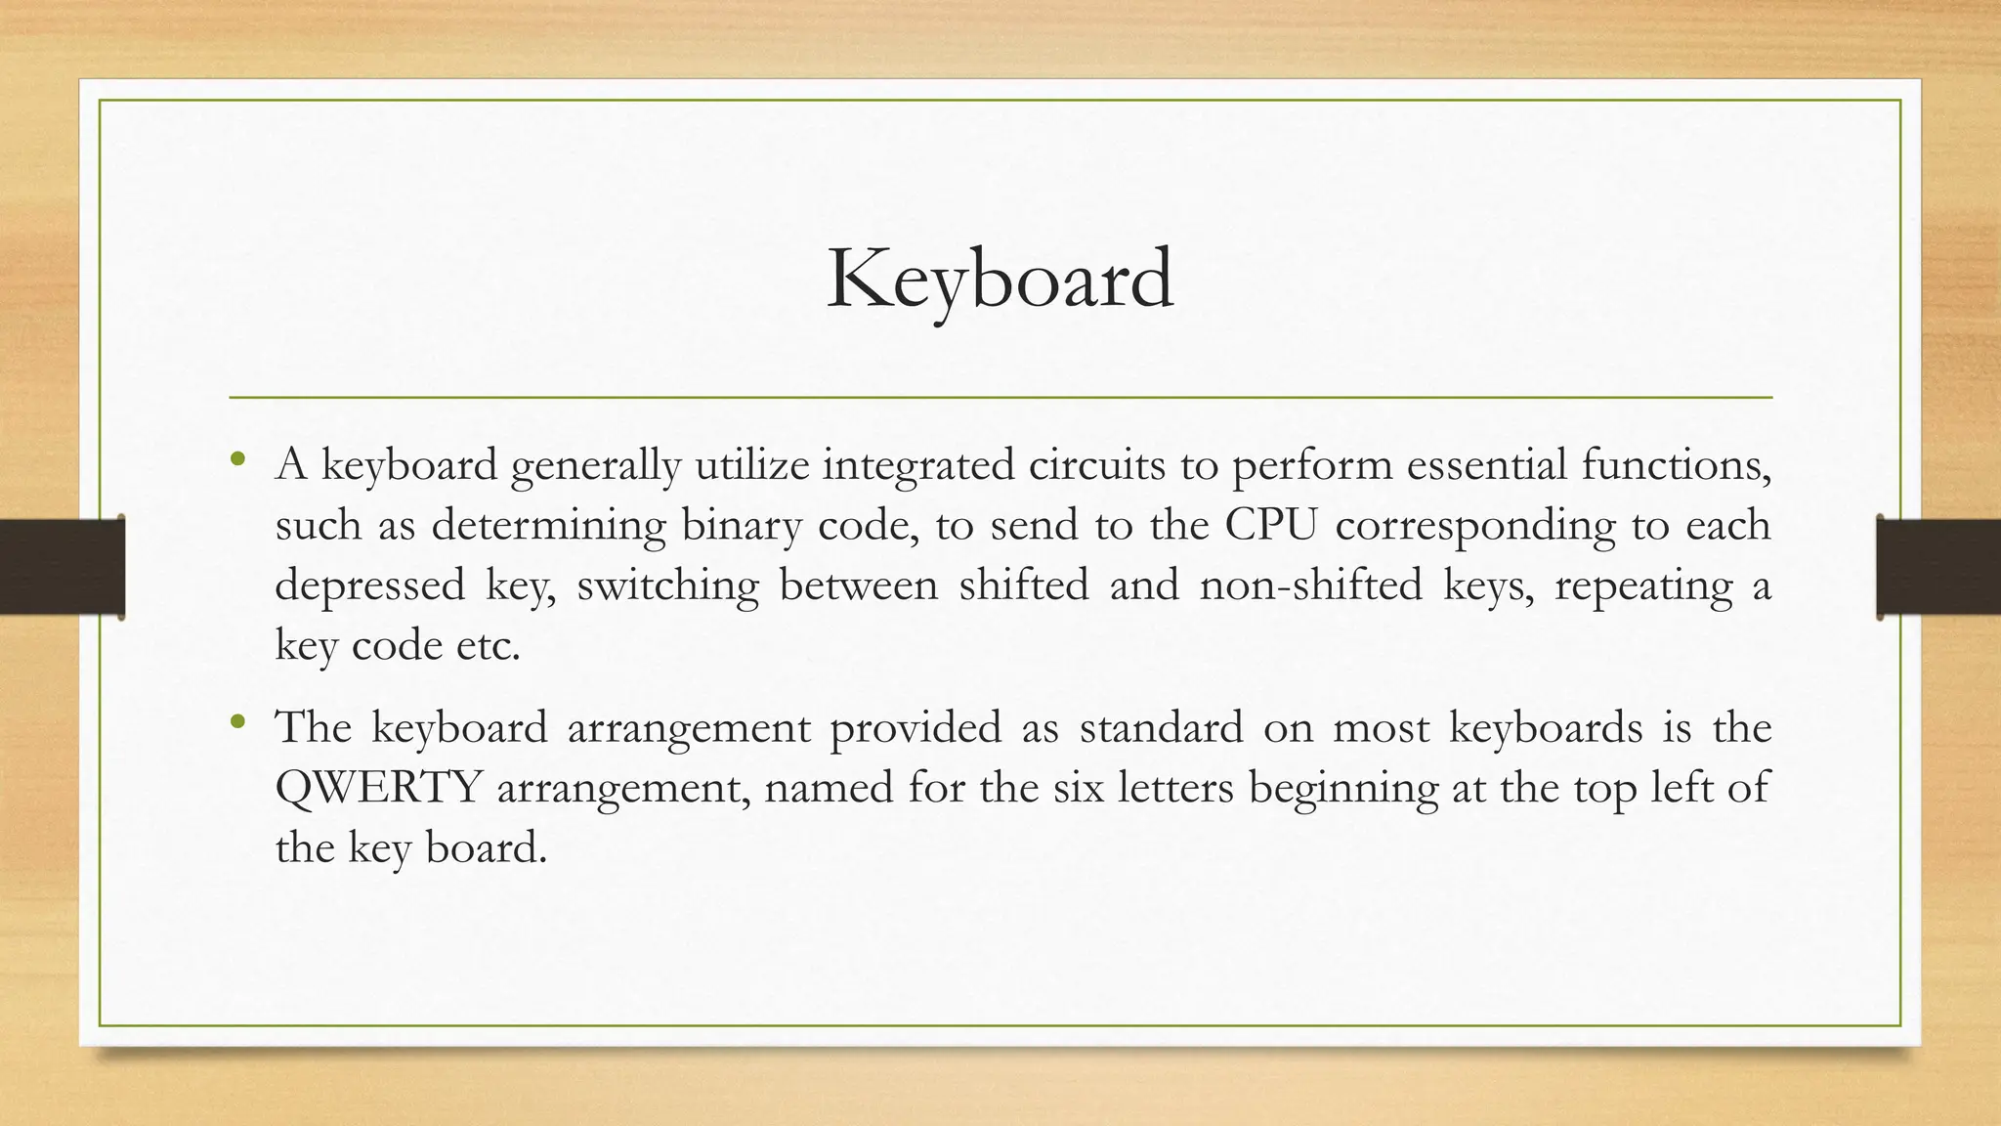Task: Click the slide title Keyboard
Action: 1000,281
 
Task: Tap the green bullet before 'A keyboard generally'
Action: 237,459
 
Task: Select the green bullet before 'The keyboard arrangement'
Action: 237,723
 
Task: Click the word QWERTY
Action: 378,788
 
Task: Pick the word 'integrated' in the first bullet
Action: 918,465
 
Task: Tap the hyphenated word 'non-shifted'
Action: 1310,585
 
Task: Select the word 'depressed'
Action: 369,585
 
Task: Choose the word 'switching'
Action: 667,585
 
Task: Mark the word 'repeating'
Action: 1643,586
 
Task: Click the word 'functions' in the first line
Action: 1676,465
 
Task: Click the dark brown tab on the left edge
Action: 62,567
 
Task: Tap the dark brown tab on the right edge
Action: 1938,567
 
